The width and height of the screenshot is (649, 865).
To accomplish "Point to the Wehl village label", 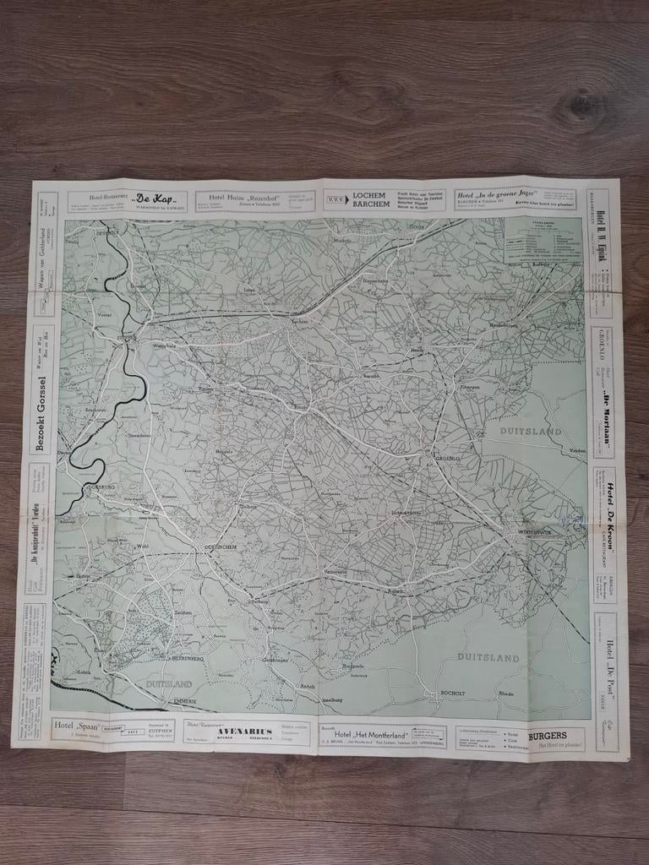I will [x=143, y=546].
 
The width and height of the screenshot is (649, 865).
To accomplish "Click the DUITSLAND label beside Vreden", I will [x=531, y=431].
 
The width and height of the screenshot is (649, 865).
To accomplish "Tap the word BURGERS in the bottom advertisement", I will [x=547, y=735].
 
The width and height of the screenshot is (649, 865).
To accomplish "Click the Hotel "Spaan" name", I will [x=75, y=725].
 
